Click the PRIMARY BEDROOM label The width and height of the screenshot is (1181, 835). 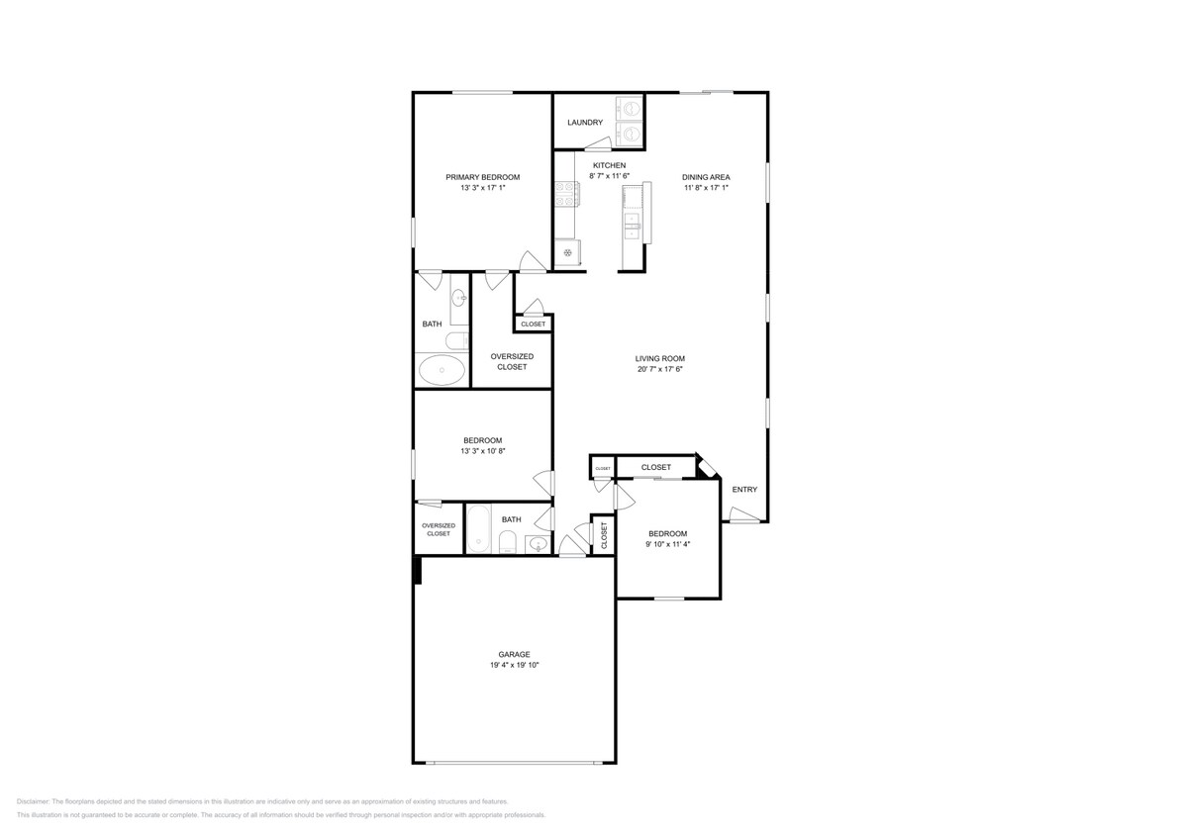point(482,177)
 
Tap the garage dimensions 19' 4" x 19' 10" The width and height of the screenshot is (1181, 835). point(514,666)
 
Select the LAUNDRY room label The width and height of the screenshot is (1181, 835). point(585,123)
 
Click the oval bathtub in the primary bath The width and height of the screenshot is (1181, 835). point(442,371)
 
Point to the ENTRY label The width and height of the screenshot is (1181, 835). point(744,490)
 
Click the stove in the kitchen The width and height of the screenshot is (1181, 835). point(565,193)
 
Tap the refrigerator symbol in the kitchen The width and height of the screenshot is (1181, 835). point(567,252)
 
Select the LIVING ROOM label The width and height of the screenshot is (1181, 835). point(659,358)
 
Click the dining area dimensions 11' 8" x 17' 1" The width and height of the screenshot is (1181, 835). point(706,188)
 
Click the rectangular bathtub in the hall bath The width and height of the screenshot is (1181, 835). point(478,528)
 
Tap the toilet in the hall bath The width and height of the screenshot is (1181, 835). point(506,540)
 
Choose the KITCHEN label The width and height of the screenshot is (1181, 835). point(609,165)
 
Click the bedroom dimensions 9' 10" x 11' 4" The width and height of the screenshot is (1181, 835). point(666,544)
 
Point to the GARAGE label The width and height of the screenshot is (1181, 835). point(514,654)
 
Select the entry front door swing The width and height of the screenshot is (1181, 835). point(743,512)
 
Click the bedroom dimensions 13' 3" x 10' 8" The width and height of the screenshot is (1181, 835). point(482,451)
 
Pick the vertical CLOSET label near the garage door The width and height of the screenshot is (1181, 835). point(604,534)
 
